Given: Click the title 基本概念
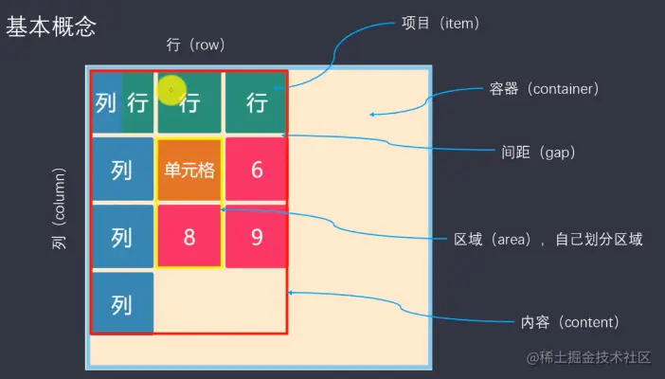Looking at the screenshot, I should [x=51, y=27].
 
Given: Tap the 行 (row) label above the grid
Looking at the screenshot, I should [x=195, y=45].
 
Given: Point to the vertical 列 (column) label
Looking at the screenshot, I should [x=60, y=209].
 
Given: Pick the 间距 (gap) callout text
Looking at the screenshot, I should [x=537, y=152].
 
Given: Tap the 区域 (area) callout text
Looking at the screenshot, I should [x=548, y=240].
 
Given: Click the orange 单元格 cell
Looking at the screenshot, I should [x=189, y=171].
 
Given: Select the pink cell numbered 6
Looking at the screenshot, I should [x=256, y=171].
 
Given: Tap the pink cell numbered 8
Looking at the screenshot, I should [x=189, y=236].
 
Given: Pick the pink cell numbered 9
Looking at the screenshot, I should [x=256, y=236].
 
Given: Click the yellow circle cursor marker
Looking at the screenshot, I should [x=171, y=91].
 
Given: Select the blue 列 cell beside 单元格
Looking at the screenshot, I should [x=122, y=171].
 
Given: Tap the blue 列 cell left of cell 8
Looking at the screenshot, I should [x=122, y=237].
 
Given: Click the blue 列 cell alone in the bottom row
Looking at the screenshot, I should [x=122, y=303].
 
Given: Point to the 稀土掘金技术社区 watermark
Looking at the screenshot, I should [x=589, y=357].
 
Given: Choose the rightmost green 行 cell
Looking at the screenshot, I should [x=256, y=102].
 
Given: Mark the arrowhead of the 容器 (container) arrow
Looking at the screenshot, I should [x=371, y=115].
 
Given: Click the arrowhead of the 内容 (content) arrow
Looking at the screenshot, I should [x=290, y=293].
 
